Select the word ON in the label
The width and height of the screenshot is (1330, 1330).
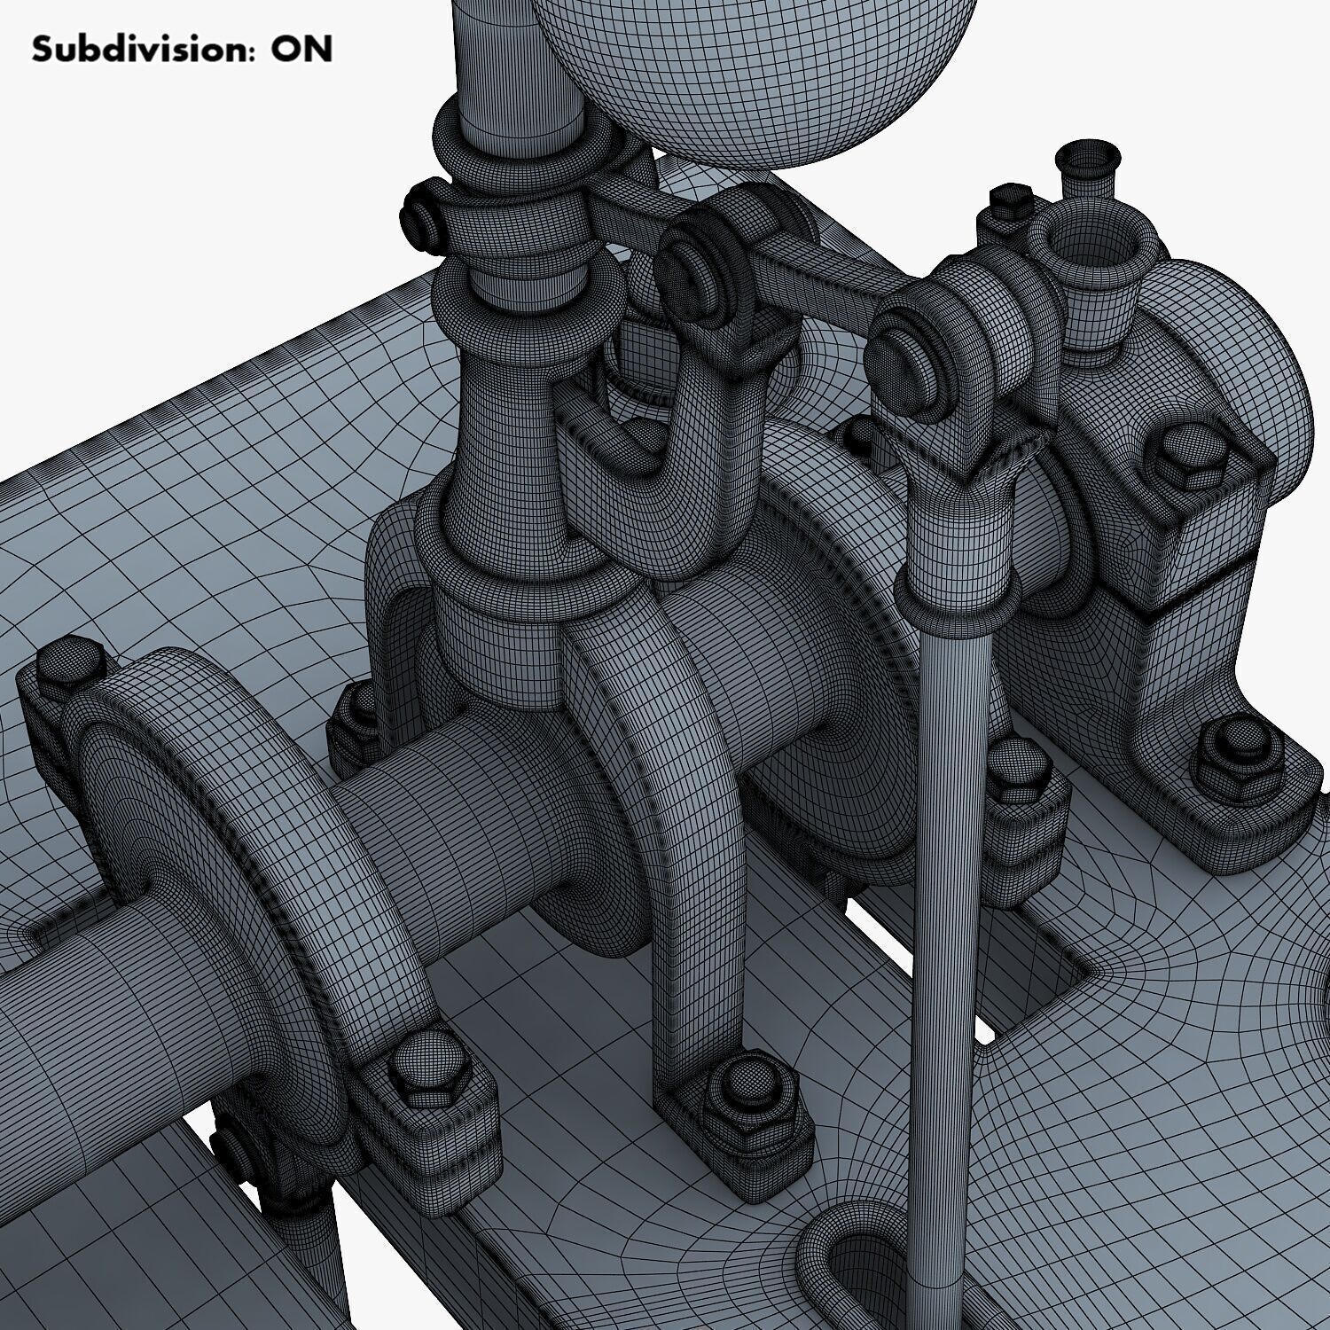301,49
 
